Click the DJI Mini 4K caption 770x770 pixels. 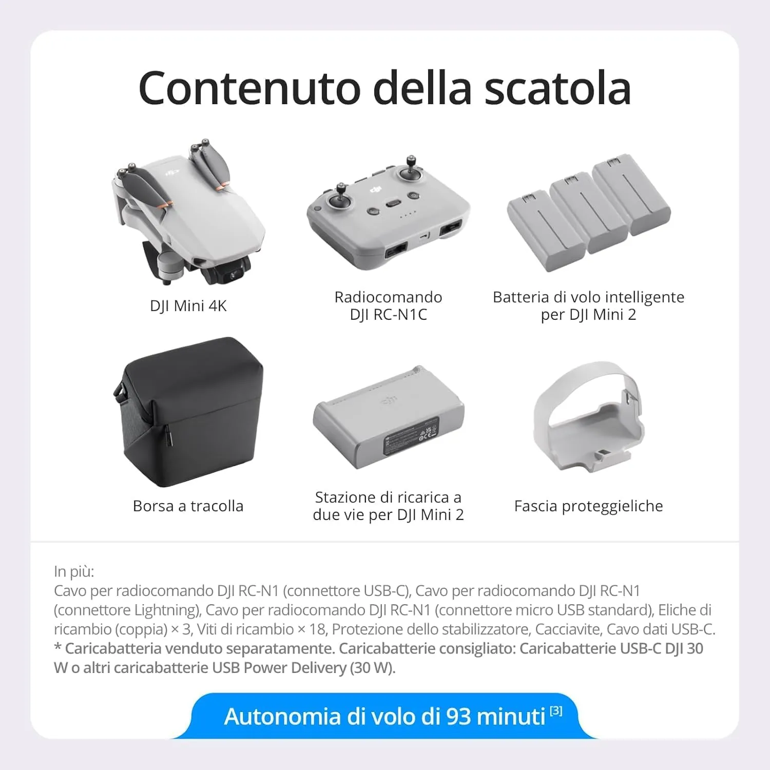(188, 306)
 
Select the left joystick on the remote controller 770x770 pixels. (340, 199)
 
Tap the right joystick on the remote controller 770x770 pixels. (410, 171)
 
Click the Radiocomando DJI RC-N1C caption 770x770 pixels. (388, 306)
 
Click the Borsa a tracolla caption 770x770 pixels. (188, 506)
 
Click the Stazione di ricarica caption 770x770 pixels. (388, 506)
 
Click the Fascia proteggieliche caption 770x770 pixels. (588, 506)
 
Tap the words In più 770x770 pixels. (74, 571)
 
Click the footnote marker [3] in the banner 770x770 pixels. (556, 711)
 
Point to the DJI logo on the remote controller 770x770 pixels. (376, 190)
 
